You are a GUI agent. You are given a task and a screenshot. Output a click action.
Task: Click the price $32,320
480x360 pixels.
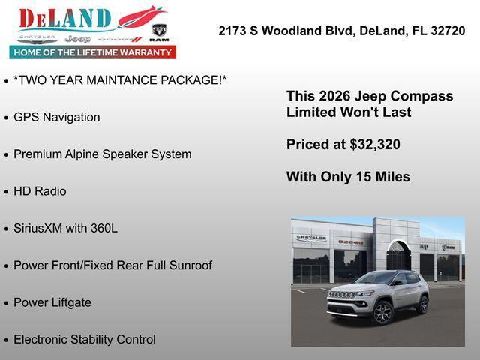[x=375, y=145]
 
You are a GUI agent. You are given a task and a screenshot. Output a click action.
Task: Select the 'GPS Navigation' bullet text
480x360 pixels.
[x=56, y=117]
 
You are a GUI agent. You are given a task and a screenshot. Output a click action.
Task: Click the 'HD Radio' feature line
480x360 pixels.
[x=40, y=191]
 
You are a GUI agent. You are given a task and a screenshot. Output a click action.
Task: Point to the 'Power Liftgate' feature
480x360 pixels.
[x=52, y=302]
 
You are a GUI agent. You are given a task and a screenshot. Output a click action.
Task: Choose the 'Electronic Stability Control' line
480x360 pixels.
[x=85, y=339]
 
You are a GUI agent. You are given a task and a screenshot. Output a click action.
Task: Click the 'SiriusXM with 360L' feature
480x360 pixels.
[x=65, y=228]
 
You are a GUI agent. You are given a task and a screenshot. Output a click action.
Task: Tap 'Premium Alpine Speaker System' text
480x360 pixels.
[x=102, y=154]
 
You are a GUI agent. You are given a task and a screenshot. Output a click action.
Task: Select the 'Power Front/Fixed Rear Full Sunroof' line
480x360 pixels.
[x=112, y=265]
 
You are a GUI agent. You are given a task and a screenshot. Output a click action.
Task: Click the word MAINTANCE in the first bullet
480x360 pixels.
[x=116, y=80]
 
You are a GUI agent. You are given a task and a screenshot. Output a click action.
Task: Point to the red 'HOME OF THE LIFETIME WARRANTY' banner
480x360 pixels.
[x=93, y=52]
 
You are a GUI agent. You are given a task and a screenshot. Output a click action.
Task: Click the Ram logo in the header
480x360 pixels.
[x=159, y=31]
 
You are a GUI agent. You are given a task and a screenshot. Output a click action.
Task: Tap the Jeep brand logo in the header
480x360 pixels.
[x=77, y=37]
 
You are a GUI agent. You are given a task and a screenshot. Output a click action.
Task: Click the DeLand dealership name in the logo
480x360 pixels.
[x=66, y=18]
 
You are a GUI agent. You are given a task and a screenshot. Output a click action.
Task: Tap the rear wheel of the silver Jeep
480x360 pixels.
[x=423, y=304]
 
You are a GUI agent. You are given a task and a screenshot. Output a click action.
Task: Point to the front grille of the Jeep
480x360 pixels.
[x=342, y=295]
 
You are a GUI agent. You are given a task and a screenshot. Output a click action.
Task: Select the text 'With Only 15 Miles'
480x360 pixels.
[x=348, y=177]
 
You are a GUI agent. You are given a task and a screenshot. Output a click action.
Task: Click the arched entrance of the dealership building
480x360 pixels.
[x=398, y=255]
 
